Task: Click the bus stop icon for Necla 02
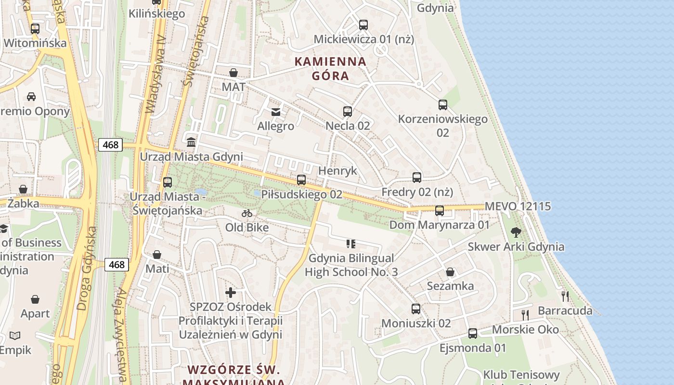pos(348,112)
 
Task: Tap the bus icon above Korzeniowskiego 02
pos(443,104)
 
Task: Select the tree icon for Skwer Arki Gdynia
pos(516,232)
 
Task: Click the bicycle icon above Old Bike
pos(247,213)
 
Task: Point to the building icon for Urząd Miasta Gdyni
pos(191,142)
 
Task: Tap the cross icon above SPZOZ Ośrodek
pos(231,292)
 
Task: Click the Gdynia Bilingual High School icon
pos(351,244)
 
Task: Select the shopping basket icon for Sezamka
pos(450,272)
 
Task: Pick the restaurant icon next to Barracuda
pos(565,296)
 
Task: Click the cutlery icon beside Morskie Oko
pos(525,315)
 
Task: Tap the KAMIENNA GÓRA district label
pos(330,68)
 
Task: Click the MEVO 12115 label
pos(518,206)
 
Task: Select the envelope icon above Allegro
pos(275,112)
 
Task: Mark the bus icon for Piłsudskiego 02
pos(301,180)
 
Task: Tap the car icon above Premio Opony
pos(31,96)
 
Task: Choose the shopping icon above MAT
pos(233,73)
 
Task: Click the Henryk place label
pos(338,171)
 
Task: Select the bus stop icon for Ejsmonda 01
pos(473,333)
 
